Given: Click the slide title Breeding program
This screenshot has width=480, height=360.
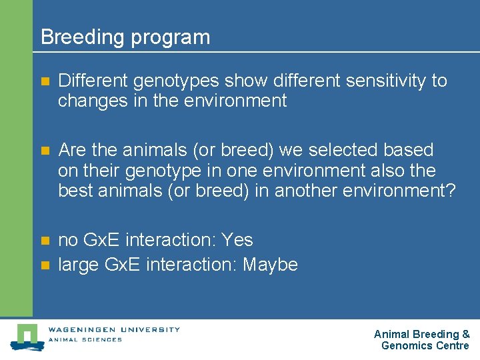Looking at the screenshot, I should [x=125, y=37].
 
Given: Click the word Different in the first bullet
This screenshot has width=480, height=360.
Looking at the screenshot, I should [x=93, y=81].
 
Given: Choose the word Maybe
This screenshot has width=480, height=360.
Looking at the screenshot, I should [x=270, y=265].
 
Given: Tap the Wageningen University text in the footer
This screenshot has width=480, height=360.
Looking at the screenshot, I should [x=113, y=329].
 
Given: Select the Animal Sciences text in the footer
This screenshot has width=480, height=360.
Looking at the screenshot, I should [x=85, y=339].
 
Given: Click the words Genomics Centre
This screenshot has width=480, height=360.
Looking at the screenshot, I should [x=425, y=345].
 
